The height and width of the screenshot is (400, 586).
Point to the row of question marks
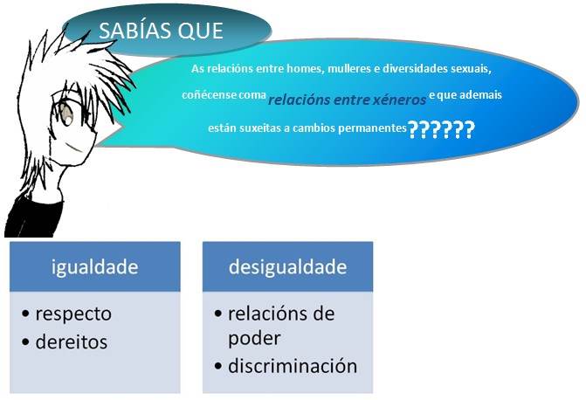tap(441, 130)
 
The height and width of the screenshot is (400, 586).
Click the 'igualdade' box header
tap(94, 266)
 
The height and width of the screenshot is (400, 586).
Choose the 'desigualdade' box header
tap(287, 266)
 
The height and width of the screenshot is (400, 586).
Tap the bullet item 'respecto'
tap(73, 314)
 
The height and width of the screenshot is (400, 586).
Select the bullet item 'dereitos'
tap(71, 342)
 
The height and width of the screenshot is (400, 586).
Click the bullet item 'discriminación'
tap(293, 366)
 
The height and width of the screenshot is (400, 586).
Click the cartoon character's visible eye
tap(65, 114)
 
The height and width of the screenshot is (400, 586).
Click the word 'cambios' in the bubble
tap(301, 128)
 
